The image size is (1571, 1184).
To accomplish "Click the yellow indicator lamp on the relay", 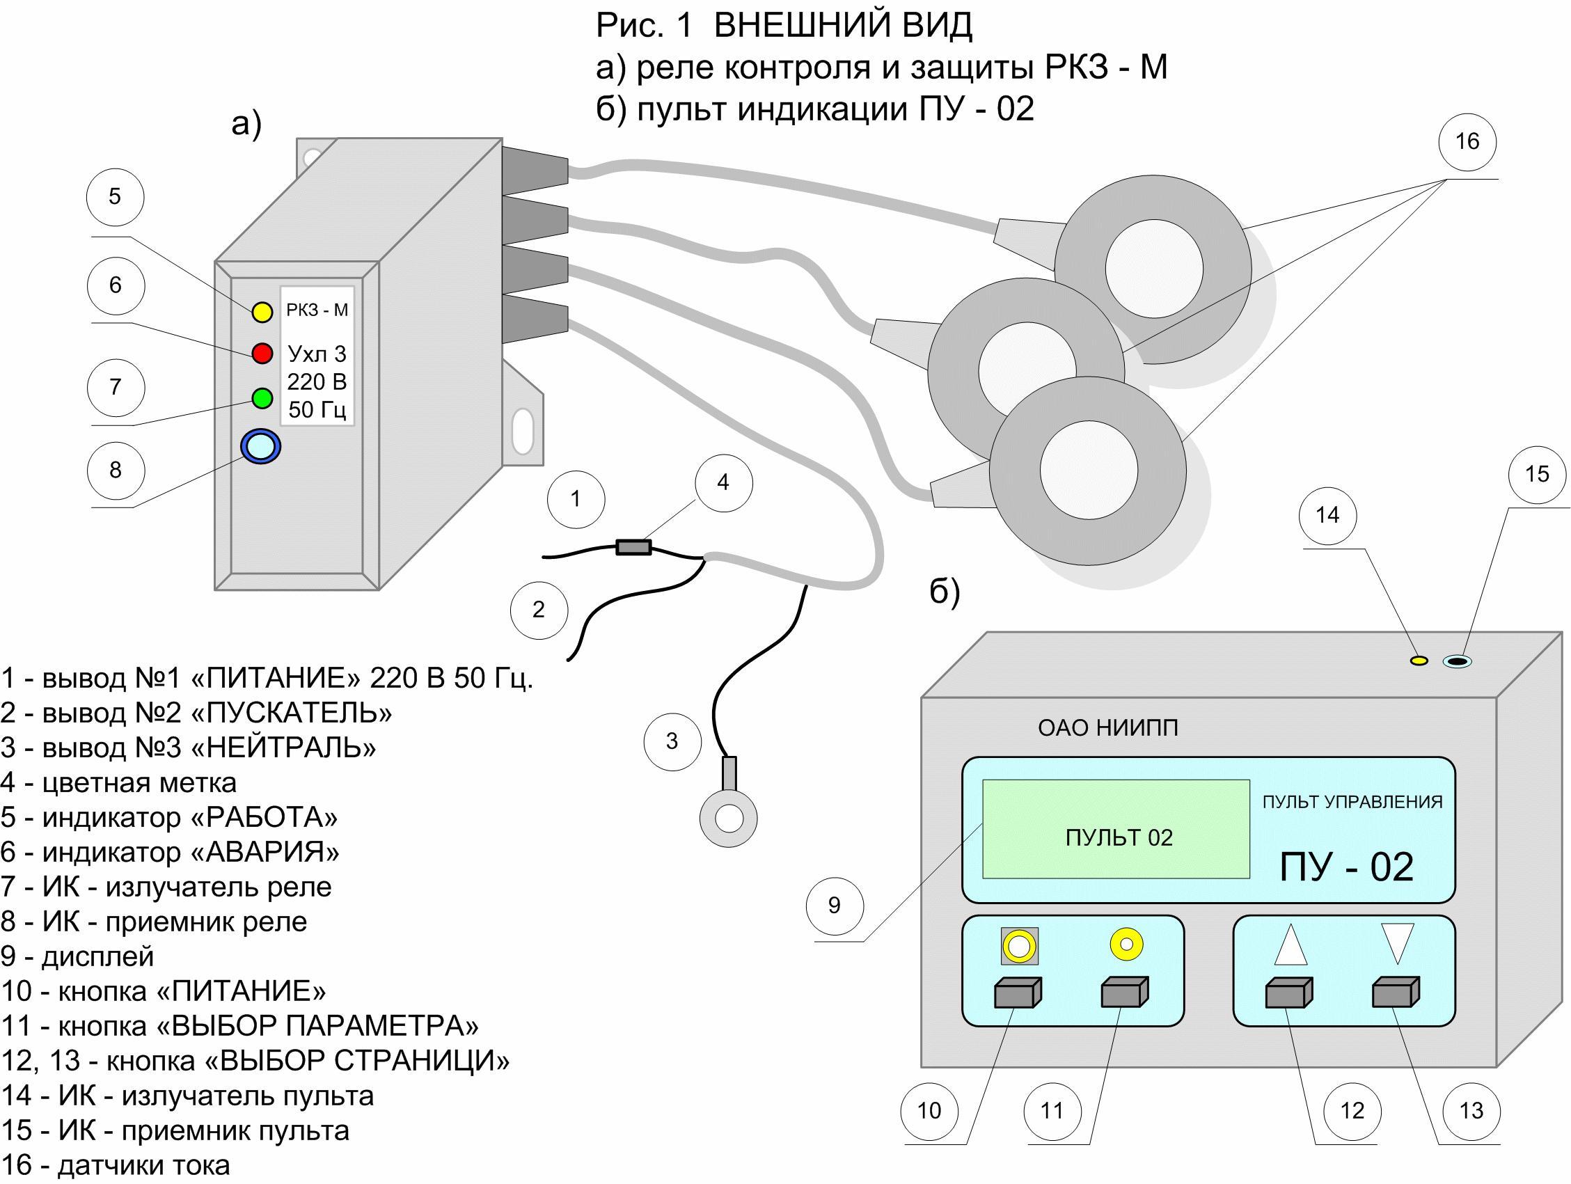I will point(262,312).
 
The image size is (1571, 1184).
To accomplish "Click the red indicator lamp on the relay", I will point(262,353).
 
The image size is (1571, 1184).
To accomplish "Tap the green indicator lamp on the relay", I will point(262,397).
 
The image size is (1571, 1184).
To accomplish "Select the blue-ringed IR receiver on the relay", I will point(260,446).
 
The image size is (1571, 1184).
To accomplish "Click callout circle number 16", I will point(1467,141).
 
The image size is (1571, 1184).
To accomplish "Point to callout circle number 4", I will point(723,483).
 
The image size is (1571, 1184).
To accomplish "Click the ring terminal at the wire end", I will point(728,817).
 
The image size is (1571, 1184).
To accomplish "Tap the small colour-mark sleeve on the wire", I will point(633,547).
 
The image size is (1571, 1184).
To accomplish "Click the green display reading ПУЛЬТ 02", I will point(1116,830).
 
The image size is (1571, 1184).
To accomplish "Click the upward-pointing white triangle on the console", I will point(1290,945).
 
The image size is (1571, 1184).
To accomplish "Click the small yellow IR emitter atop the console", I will point(1419,661).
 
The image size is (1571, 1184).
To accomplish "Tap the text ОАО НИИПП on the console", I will point(1107,728).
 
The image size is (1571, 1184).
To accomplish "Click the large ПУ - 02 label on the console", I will point(1346,867).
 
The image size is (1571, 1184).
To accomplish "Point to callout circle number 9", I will point(835,906).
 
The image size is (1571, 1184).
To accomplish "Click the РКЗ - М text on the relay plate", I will point(317,310).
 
